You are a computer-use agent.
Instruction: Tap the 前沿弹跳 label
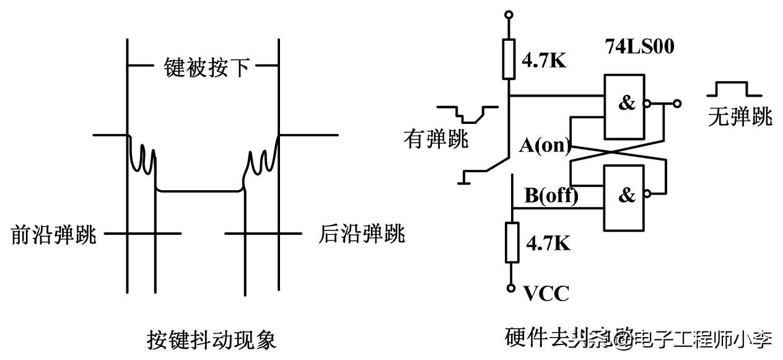click(54, 235)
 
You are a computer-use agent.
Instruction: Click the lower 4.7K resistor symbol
click(512, 242)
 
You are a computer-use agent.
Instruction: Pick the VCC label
click(546, 292)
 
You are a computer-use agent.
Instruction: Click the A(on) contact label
click(544, 146)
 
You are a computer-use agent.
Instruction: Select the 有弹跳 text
click(436, 138)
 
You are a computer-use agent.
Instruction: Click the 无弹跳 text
click(740, 116)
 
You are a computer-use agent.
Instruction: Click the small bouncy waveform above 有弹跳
click(467, 113)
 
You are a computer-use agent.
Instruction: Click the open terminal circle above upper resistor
click(509, 14)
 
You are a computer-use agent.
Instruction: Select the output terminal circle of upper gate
click(677, 103)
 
